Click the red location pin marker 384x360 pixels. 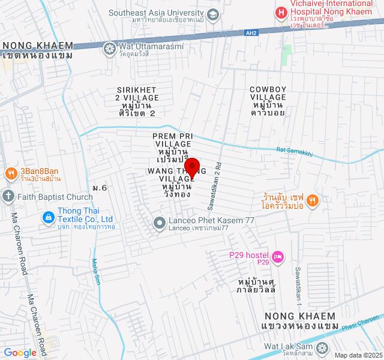[x=191, y=167]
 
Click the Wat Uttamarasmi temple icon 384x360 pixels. [x=110, y=48]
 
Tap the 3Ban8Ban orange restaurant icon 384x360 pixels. [x=10, y=174]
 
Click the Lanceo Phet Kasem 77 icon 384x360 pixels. [x=160, y=223]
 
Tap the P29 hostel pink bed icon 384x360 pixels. [x=278, y=257]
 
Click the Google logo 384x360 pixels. [x=19, y=353]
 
